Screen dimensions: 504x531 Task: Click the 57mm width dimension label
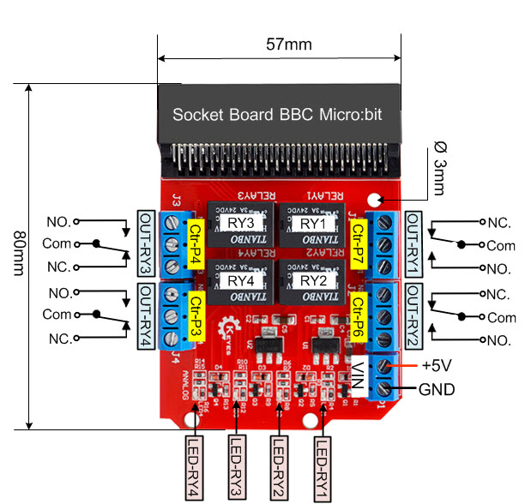click(x=288, y=45)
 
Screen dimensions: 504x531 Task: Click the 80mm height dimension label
click(x=15, y=254)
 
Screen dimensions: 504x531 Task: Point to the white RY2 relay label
click(x=311, y=280)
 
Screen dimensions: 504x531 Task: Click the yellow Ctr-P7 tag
click(x=359, y=242)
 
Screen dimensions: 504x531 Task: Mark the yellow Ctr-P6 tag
click(x=359, y=314)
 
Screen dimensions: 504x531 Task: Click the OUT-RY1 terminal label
click(x=413, y=243)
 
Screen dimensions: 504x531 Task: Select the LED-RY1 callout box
click(x=322, y=466)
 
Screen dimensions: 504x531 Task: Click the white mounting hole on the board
click(x=373, y=200)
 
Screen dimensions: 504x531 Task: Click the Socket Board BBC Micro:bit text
click(x=277, y=113)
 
